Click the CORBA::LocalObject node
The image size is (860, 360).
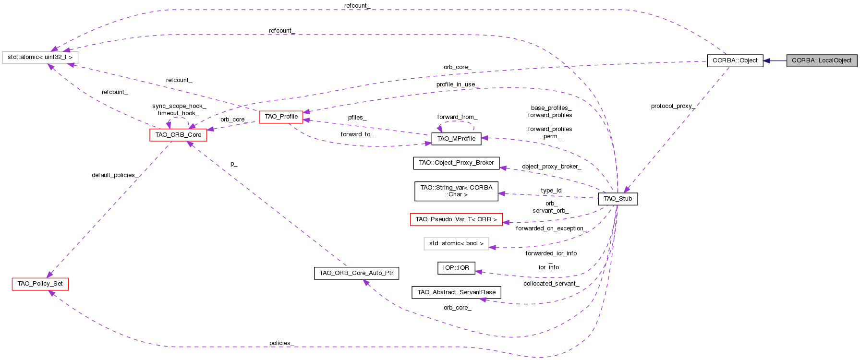coord(822,60)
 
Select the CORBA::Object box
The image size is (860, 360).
coord(735,60)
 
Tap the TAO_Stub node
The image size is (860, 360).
coord(618,199)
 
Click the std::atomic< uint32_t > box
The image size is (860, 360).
coord(40,57)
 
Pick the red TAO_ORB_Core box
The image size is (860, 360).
coord(178,135)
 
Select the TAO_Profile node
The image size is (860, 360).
coord(281,117)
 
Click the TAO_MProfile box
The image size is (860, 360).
coord(456,139)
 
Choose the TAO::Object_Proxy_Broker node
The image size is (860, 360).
coord(456,163)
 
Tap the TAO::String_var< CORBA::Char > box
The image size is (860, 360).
coord(456,191)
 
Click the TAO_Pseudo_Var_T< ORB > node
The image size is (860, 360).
coord(456,219)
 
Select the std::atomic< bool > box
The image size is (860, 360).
coord(456,243)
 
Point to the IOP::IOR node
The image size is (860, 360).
coord(456,268)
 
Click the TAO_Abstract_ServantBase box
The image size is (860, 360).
coord(456,292)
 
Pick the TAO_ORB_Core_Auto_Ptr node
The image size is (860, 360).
coord(356,273)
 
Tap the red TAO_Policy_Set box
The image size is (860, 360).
coord(40,284)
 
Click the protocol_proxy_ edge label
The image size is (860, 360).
coord(673,106)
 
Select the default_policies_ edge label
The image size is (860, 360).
coord(115,175)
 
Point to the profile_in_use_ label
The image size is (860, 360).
coord(457,84)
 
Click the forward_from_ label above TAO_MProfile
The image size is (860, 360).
coord(457,117)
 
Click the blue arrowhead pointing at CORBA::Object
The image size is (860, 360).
coord(767,60)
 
